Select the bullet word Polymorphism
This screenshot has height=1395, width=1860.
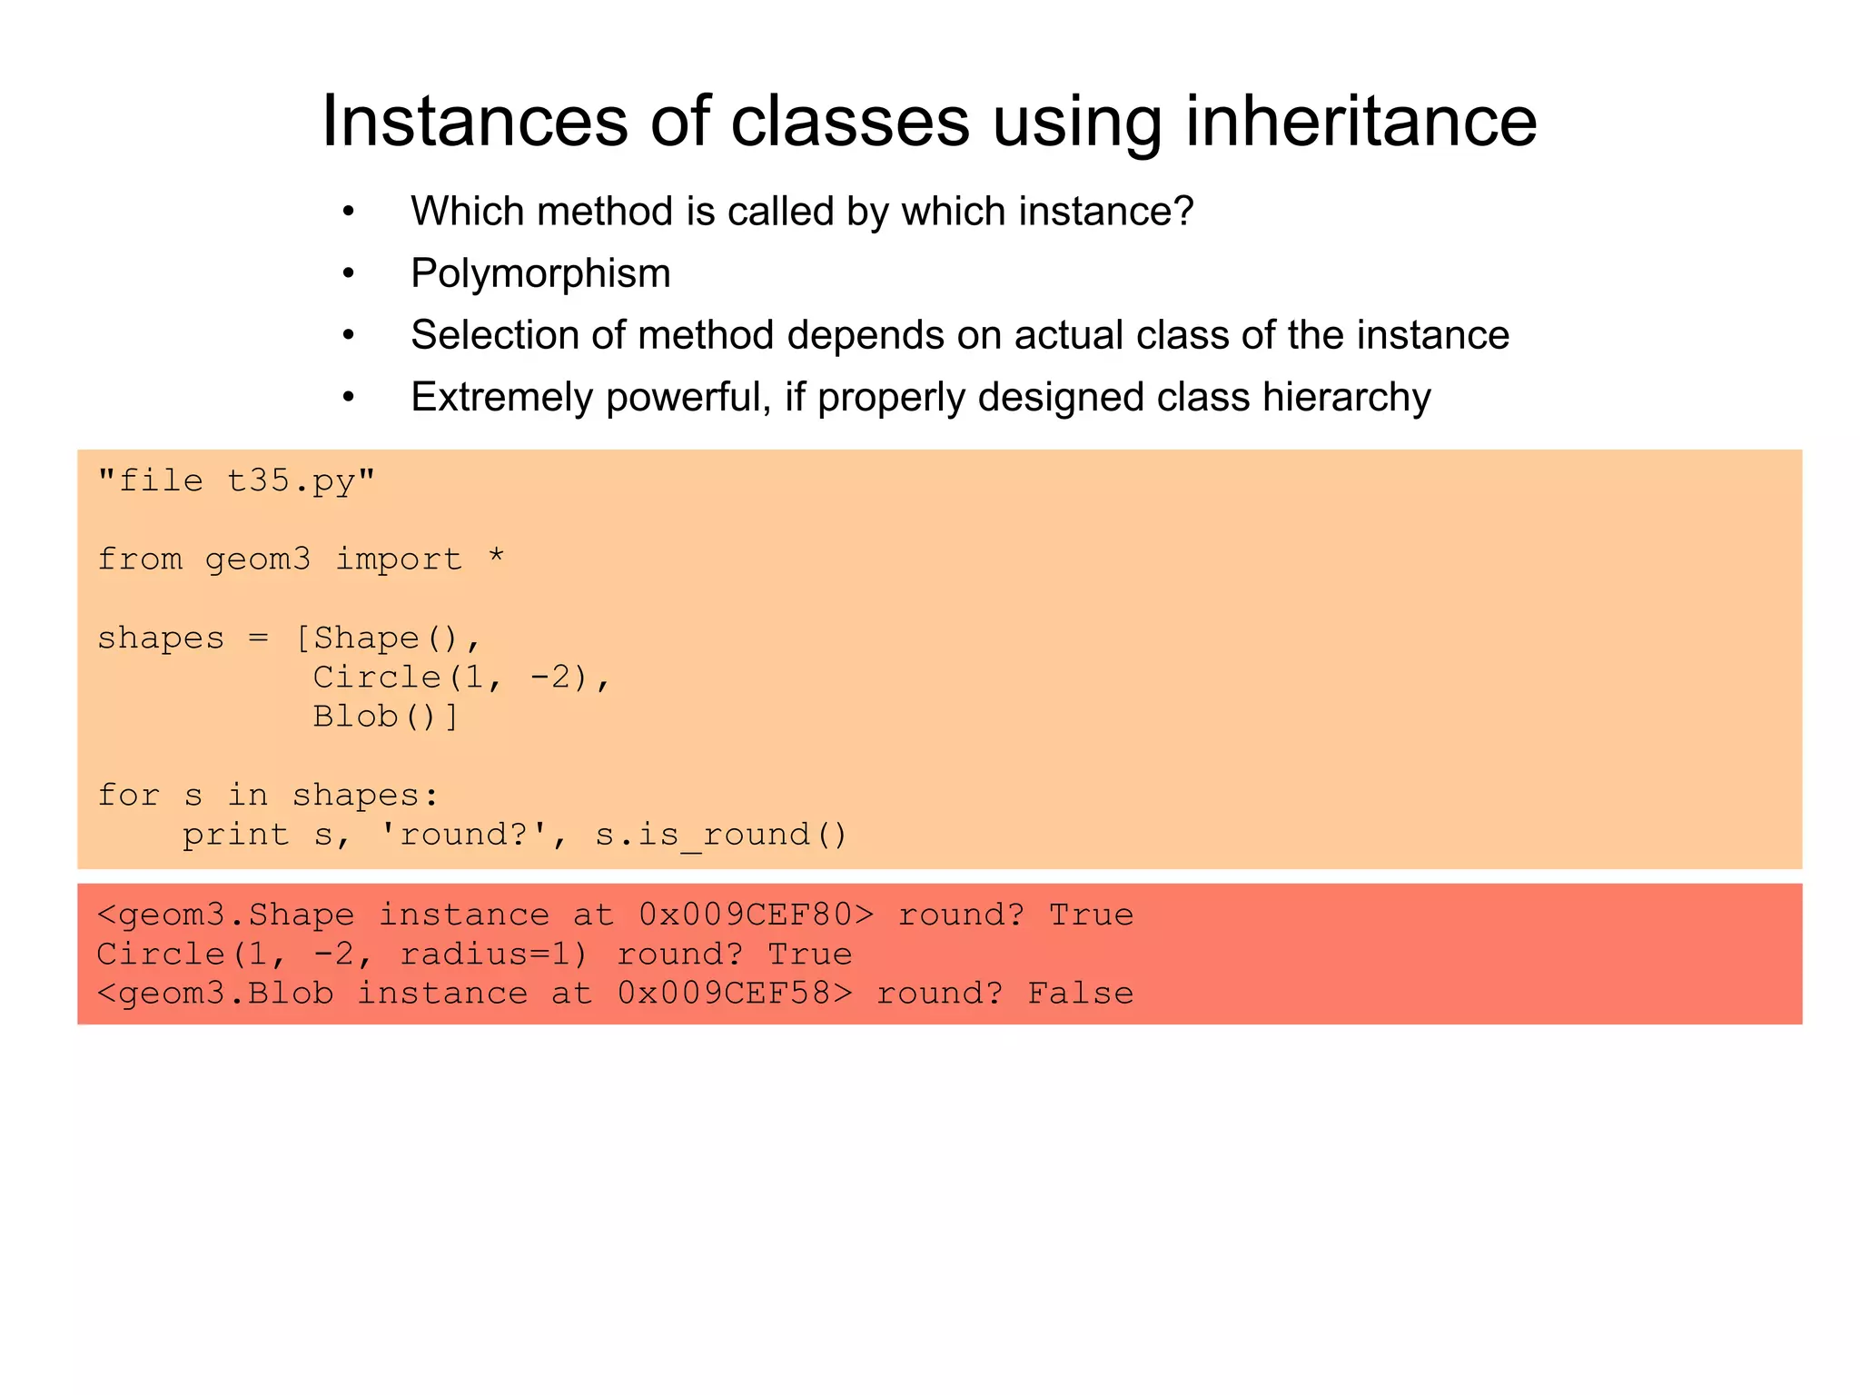coord(540,273)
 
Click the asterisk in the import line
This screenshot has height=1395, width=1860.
coord(495,557)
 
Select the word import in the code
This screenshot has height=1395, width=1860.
coord(399,559)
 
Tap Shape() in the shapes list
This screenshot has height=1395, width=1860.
coord(386,638)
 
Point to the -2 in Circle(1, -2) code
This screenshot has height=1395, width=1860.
coord(550,678)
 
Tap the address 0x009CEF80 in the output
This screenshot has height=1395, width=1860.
coord(746,915)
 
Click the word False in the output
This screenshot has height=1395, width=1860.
coord(1081,994)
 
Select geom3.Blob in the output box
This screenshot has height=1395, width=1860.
coord(225,994)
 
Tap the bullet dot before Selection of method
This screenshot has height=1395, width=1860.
coord(348,336)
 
